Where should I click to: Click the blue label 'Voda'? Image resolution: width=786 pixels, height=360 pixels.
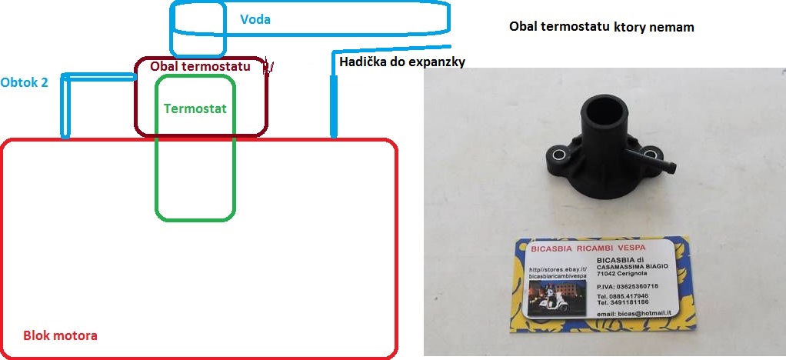pos(255,19)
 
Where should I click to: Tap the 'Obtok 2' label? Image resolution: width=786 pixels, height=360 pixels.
pos(24,82)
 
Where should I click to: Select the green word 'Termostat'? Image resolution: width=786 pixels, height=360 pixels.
pos(195,108)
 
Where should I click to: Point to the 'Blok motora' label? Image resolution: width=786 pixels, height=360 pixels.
pos(60,336)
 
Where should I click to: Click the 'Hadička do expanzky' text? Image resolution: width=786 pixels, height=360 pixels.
pos(402,61)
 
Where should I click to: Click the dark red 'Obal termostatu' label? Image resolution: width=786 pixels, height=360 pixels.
pos(200,67)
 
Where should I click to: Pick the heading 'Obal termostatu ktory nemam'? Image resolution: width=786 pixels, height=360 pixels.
pos(601,27)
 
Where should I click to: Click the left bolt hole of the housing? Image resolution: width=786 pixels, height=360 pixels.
pos(558,155)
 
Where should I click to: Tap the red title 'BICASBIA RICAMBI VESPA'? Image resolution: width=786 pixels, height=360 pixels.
pos(588,248)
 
